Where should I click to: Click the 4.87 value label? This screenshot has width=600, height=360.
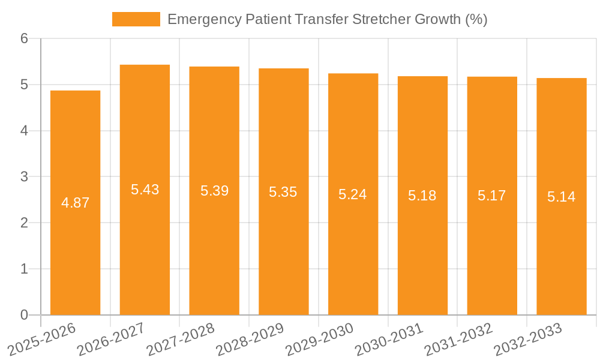pos(75,203)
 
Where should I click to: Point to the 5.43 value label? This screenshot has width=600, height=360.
pos(145,190)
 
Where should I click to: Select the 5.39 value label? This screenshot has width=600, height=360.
pos(214,191)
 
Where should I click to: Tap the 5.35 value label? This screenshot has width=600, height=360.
pos(283,192)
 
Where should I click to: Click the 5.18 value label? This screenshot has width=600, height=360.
pos(422,196)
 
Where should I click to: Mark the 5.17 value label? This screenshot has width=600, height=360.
pos(492,196)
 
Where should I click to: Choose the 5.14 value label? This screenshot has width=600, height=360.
pos(561,197)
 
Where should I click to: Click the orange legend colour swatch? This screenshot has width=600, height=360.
pos(136,19)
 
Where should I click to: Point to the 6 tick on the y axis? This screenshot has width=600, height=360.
pos(25,38)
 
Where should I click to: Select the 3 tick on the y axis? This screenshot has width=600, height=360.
pos(25,177)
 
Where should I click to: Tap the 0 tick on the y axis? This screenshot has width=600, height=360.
pos(25,315)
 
